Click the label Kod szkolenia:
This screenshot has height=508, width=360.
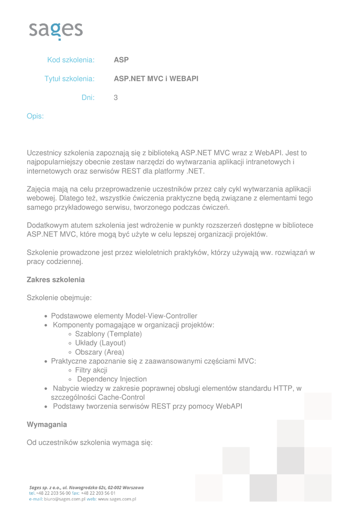click(x=71, y=60)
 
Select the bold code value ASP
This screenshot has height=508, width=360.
click(x=121, y=60)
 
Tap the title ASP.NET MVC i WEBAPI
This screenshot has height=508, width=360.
click(x=156, y=79)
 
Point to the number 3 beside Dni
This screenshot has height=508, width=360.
click(x=116, y=98)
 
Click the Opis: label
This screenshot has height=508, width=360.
click(x=35, y=116)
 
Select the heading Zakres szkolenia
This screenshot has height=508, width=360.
click(x=56, y=280)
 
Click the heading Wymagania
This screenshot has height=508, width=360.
click(x=47, y=425)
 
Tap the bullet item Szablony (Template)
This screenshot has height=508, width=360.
click(x=108, y=334)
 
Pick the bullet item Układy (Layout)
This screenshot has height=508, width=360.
click(x=100, y=343)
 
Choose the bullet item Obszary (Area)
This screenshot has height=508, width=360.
click(x=99, y=352)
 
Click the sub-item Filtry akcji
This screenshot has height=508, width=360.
click(x=91, y=370)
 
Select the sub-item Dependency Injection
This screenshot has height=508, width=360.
click(x=112, y=380)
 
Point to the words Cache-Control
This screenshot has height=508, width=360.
click(x=121, y=397)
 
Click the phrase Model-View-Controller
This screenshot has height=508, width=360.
click(x=161, y=316)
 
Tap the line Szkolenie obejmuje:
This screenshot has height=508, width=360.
click(x=59, y=298)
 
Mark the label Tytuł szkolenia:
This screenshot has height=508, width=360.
click(x=70, y=79)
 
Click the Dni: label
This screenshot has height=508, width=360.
click(x=88, y=98)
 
